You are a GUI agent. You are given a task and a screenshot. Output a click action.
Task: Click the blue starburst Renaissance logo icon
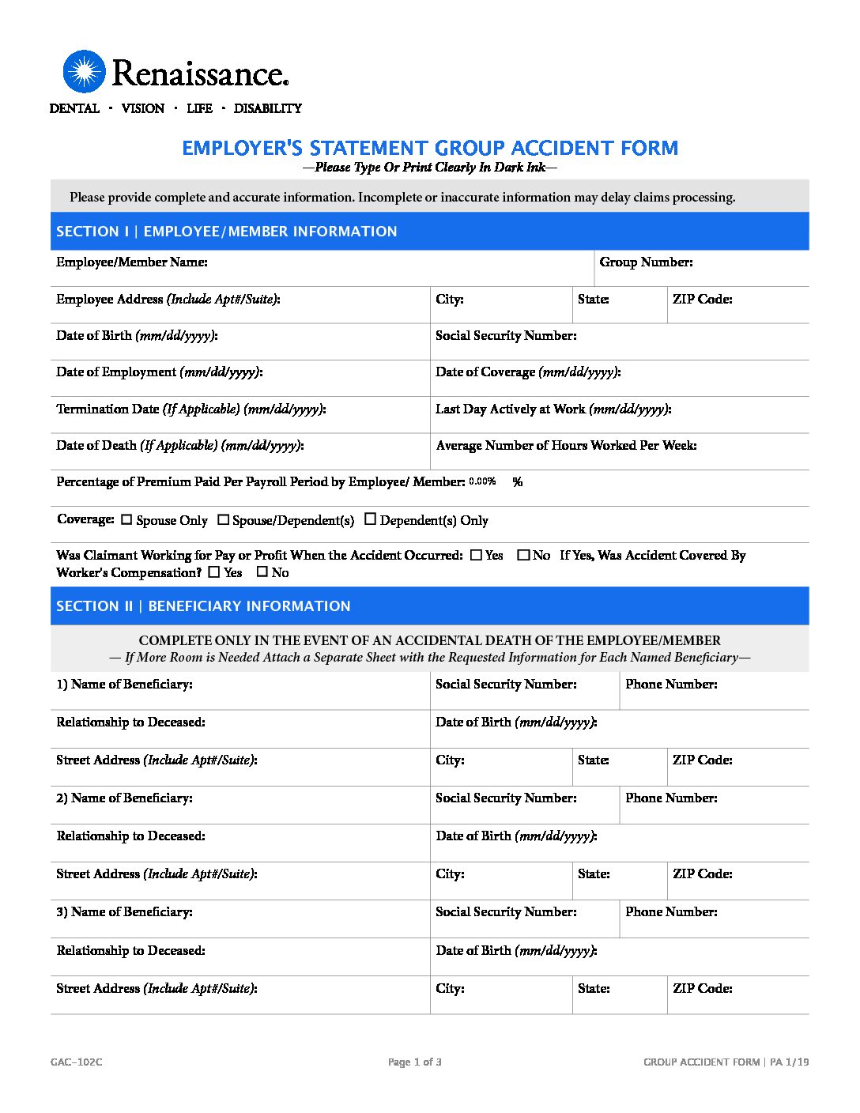tap(84, 72)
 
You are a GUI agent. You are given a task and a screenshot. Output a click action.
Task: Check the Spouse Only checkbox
tap(126, 519)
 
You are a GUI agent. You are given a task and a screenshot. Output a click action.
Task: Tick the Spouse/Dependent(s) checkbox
tap(223, 519)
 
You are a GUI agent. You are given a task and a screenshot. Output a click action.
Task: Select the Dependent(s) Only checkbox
tap(370, 519)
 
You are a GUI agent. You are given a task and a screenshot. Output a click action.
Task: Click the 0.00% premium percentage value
tap(482, 481)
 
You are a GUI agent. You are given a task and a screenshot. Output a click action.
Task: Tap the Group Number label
tap(646, 262)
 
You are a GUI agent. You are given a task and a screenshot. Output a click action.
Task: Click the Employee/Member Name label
tap(132, 262)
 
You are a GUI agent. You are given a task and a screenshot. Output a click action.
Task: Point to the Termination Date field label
tap(190, 409)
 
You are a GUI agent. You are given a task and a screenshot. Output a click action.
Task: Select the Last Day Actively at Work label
tap(553, 409)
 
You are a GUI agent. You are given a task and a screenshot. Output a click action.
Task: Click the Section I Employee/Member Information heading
tap(226, 232)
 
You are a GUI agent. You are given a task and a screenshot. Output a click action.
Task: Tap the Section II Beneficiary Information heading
tap(203, 606)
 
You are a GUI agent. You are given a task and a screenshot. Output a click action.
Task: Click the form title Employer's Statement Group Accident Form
tap(430, 149)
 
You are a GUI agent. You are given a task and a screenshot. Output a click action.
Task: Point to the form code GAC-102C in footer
tap(76, 1062)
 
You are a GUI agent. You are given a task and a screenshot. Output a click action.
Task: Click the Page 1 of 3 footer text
tap(415, 1062)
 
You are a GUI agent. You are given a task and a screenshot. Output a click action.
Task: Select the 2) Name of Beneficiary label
tap(124, 798)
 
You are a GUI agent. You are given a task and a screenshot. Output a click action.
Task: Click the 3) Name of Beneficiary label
tap(124, 912)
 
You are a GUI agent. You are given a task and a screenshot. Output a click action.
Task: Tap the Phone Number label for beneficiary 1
tap(671, 685)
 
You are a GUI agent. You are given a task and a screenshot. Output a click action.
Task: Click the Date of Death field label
tap(179, 446)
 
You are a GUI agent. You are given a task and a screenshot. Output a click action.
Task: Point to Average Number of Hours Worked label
tap(566, 446)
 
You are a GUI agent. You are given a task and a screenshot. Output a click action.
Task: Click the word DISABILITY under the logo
tap(267, 108)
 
